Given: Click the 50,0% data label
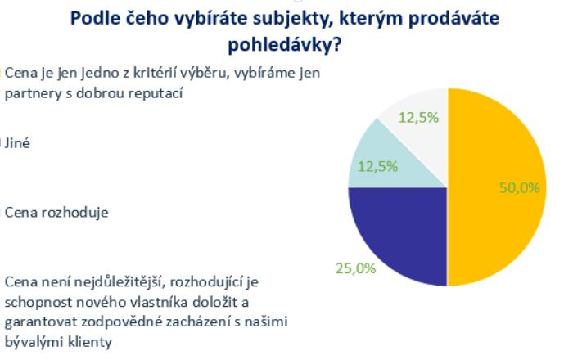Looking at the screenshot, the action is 519,188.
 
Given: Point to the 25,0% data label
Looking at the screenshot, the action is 355,268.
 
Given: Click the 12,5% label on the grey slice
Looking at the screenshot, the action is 418,118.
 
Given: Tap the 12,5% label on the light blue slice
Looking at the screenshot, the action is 377,167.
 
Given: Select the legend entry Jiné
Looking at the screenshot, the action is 17,142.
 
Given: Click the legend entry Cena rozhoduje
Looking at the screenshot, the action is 56,213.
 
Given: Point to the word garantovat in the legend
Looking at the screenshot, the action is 41,322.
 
